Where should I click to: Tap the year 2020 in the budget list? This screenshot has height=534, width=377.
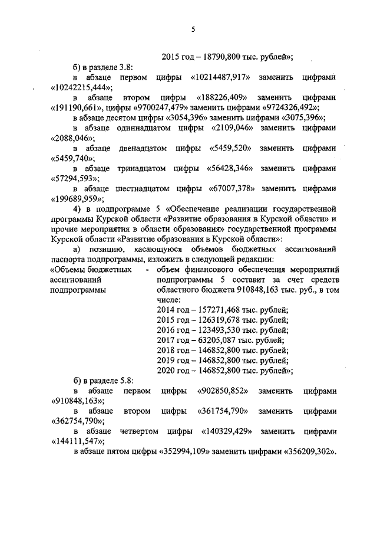click(167, 370)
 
